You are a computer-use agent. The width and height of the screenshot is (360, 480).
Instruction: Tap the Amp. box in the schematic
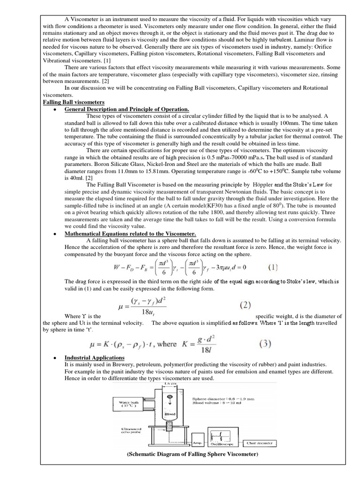(x=197, y=442)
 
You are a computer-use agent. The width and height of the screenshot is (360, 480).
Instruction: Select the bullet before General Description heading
(x=55, y=109)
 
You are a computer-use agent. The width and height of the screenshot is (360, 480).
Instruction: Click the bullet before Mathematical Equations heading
(x=55, y=234)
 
